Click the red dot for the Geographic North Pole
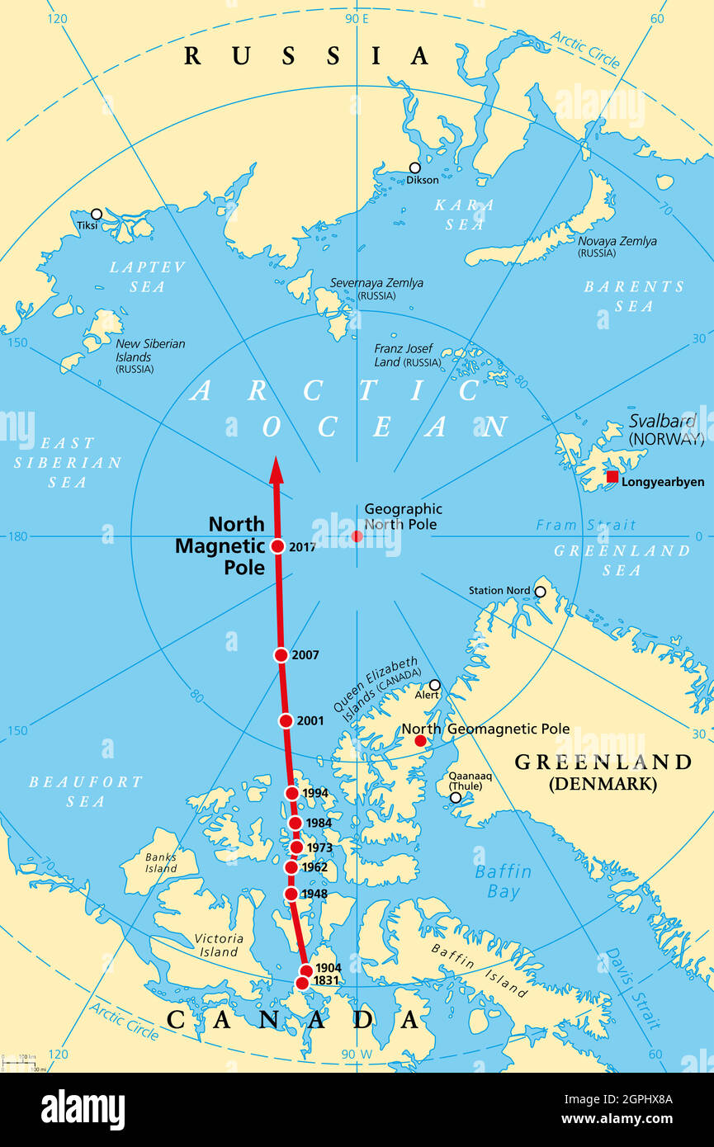tap(357, 536)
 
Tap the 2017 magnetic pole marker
tap(277, 546)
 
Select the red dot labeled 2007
tap(281, 655)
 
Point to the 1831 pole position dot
tap(302, 983)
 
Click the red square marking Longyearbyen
tap(612, 477)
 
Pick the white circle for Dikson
tap(414, 168)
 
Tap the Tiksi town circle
tap(97, 214)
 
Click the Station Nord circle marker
tap(540, 592)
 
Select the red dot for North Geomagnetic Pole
tap(420, 741)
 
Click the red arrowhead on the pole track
tap(277, 471)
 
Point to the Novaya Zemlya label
tap(617, 242)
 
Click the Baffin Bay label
tap(504, 881)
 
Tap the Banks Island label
tap(161, 861)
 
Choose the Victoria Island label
tap(219, 945)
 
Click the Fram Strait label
tap(586, 525)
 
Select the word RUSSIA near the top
tap(306, 56)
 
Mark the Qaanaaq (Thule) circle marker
tap(456, 797)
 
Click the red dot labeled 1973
tap(296, 847)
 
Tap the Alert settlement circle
tap(434, 685)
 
